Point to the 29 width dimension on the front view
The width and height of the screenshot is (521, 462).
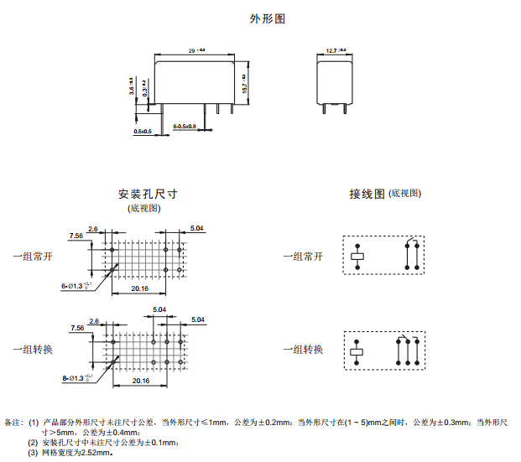click(197, 51)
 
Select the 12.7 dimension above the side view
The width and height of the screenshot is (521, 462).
click(336, 51)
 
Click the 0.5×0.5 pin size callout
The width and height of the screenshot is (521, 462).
click(143, 132)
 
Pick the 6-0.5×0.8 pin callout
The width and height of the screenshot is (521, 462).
click(185, 126)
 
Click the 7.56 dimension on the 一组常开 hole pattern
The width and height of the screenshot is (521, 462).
click(76, 236)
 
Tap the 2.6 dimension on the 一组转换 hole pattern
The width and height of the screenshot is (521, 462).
click(93, 320)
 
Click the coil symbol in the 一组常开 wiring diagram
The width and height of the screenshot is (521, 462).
click(357, 256)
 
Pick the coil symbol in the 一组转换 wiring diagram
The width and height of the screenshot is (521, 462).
click(357, 351)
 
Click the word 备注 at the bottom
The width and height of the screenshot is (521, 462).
click(14, 423)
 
